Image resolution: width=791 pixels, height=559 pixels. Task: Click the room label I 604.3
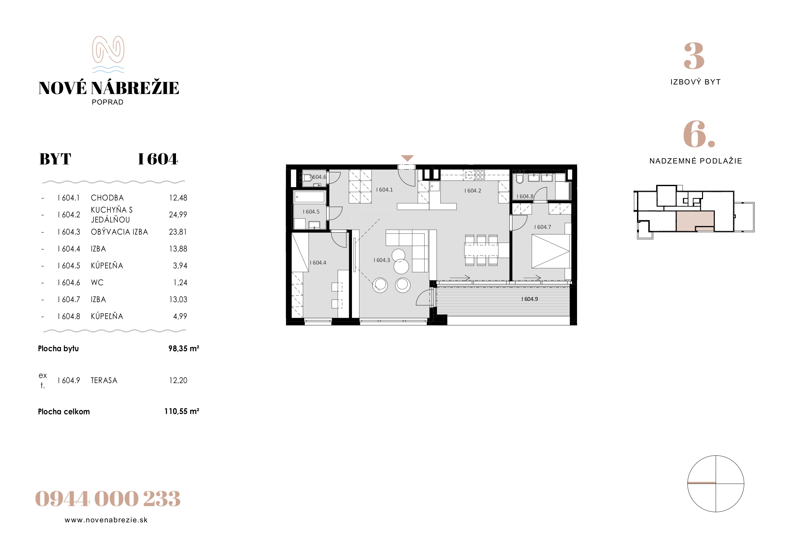coord(382,260)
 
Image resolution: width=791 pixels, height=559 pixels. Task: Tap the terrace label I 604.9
coord(530,299)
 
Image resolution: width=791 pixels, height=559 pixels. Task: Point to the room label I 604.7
coord(543,227)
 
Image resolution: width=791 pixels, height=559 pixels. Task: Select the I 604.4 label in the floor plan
coord(318,263)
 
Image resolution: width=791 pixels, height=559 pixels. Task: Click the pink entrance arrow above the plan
coord(407,158)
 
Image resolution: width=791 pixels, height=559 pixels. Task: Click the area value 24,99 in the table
coord(178,214)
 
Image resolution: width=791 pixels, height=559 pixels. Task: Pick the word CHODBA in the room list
coord(107,198)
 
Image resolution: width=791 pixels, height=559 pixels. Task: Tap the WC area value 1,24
coord(180,282)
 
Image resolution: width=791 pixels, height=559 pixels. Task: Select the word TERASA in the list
coord(104,380)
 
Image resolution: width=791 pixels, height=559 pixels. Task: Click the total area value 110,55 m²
coord(181,411)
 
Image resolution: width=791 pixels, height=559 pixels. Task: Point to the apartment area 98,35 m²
coord(184,348)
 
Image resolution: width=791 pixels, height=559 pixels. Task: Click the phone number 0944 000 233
coord(108,499)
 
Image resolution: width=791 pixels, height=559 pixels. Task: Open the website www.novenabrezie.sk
coord(106,520)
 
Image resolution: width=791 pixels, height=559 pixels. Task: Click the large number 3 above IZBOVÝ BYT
coord(694,56)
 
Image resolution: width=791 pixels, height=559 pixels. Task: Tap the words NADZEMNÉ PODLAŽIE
coord(696,161)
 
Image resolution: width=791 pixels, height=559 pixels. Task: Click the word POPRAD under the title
coord(107,102)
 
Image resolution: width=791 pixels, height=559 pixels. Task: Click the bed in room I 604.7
coord(551,251)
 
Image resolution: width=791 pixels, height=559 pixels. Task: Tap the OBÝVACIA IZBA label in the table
coord(119,232)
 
